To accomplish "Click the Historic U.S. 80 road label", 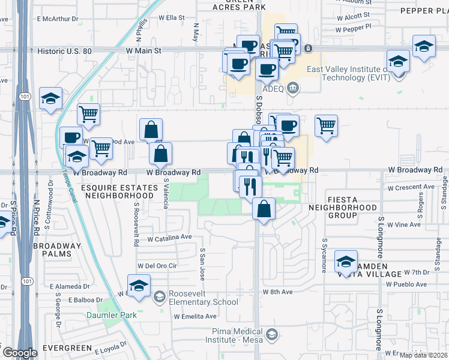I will click(64, 52).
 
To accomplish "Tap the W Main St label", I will click(143, 52).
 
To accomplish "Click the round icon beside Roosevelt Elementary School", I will click(159, 296).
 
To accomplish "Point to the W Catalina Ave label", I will click(169, 238).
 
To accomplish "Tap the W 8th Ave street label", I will click(277, 292).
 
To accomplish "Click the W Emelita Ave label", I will click(193, 316).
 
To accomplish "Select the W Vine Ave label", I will click(404, 224).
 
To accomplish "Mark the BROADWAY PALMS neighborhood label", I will click(57, 250).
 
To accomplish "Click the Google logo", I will click(20, 352).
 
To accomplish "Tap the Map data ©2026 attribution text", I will click(423, 355).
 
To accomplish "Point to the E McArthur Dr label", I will click(58, 19).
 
